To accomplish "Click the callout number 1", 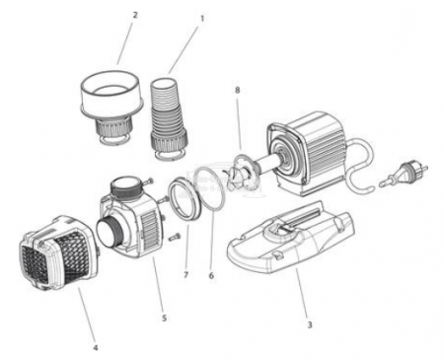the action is point(202,19).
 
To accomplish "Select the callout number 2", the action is point(135,15).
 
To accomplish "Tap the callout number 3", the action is point(309,324).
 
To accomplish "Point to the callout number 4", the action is point(96,347).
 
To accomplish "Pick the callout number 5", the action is point(164,318).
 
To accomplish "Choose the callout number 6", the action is point(211,275).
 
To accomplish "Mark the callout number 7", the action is point(186,275).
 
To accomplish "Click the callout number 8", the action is point(238,90).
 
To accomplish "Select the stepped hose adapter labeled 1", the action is point(169,118).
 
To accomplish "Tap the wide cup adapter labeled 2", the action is point(111,106).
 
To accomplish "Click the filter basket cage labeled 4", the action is point(58,253).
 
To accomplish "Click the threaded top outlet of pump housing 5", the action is point(124,187).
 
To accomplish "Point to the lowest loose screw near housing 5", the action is point(175,236).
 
